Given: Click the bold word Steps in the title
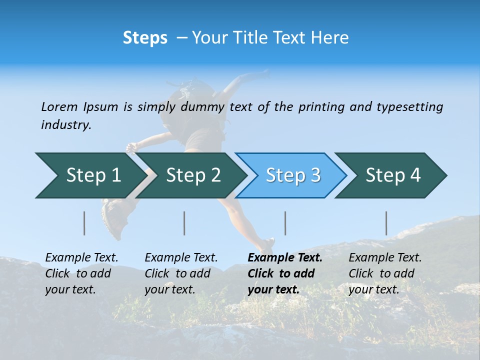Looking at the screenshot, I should point(145,38).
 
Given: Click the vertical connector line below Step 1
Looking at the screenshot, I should point(84,223).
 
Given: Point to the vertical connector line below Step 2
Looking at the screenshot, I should point(184,223).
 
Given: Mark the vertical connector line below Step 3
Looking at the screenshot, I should point(285,223).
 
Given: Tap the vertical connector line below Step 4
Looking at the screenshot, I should point(386,223).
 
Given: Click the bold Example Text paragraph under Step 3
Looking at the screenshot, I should point(285,273).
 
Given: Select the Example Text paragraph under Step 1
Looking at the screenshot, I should point(81,273).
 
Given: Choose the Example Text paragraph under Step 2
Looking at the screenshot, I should point(181,273).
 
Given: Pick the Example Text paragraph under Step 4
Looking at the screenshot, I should point(385,273).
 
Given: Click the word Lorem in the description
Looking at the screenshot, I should point(59,107).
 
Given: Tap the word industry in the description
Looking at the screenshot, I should point(65,125).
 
